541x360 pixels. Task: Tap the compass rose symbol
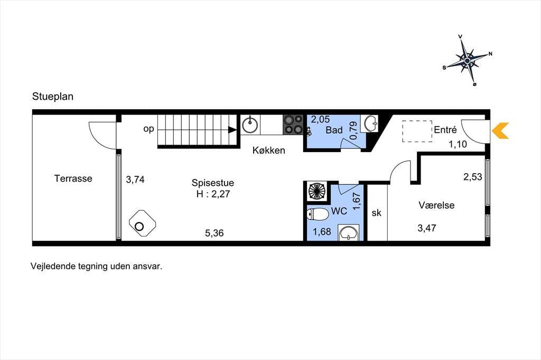[467, 61]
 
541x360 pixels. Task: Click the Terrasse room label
[73, 178]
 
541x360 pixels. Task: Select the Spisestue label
[213, 183]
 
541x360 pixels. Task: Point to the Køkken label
[269, 150]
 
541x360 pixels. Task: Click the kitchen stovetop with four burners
[293, 125]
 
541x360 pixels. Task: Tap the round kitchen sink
[250, 125]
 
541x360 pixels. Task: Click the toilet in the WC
[318, 214]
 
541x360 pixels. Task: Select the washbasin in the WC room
[348, 232]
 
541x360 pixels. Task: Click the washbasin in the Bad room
[369, 124]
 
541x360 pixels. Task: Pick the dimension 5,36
[214, 233]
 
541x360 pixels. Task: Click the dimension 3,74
[135, 179]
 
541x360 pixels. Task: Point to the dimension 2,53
[473, 177]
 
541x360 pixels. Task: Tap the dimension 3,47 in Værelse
[427, 228]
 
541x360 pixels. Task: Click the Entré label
[445, 130]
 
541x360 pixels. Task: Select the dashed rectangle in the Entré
[417, 131]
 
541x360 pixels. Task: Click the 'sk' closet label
[376, 213]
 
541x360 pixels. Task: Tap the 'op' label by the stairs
[148, 129]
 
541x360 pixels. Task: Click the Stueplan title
[53, 97]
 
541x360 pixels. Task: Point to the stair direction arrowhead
[232, 130]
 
